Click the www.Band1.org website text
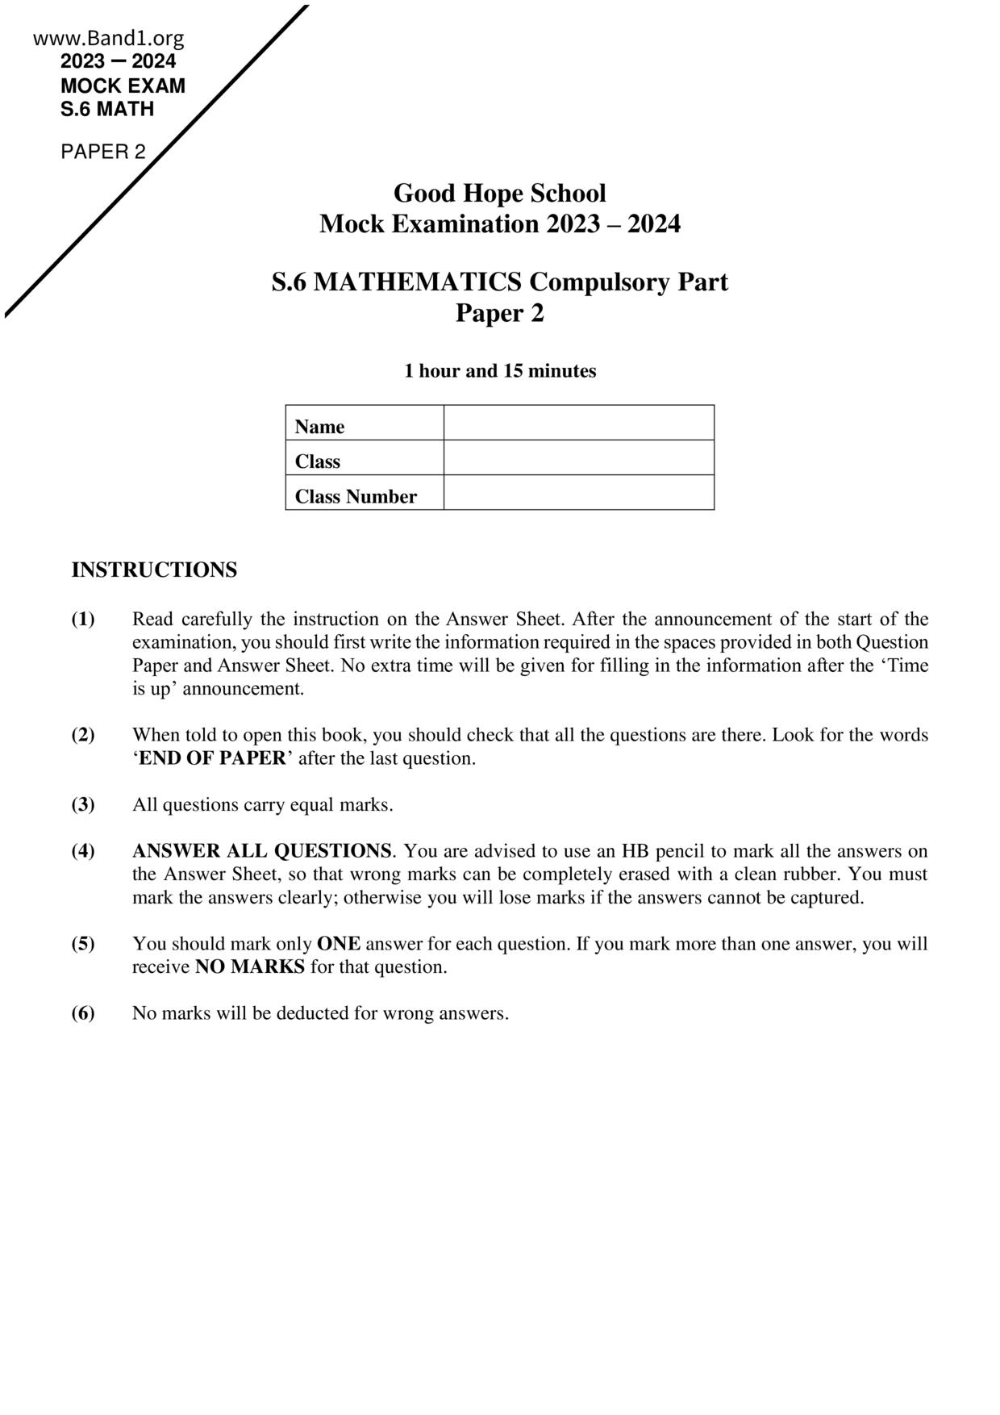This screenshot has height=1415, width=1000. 109,38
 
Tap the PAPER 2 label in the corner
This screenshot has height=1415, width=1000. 103,152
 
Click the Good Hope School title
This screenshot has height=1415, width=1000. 499,194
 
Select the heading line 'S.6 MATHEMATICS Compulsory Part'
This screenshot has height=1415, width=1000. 499,282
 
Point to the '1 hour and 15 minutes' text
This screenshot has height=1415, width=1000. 499,371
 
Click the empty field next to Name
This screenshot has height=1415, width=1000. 578,424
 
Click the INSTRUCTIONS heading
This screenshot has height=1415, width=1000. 154,570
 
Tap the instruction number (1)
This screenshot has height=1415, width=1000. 83,620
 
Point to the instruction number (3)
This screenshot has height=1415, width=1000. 83,804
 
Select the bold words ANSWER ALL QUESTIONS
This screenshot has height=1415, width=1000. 262,851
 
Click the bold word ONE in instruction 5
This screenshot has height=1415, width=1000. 339,944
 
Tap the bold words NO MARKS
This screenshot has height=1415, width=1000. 250,967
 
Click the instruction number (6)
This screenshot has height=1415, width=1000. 83,1013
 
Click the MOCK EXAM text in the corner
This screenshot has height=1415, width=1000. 123,86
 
